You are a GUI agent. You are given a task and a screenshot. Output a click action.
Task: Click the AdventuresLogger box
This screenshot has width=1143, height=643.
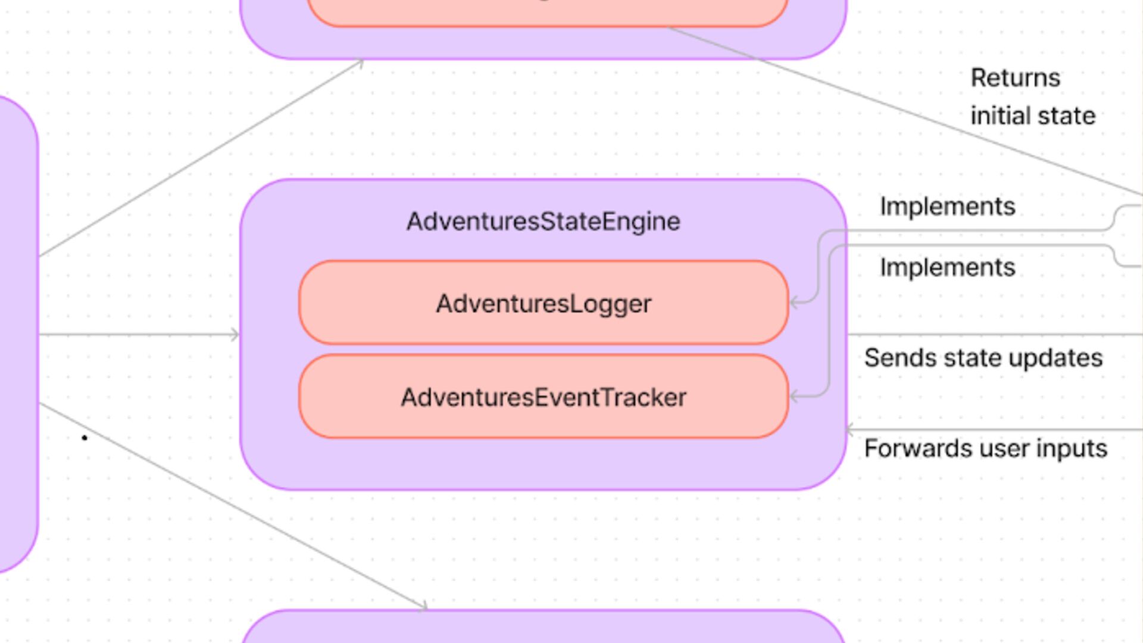click(x=543, y=303)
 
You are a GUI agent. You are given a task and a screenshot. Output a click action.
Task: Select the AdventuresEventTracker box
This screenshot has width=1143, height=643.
click(x=543, y=397)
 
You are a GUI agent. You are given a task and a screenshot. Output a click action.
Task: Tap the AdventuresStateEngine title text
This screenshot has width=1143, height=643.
click(x=543, y=221)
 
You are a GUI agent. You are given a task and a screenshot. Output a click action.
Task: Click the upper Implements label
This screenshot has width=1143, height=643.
click(x=947, y=207)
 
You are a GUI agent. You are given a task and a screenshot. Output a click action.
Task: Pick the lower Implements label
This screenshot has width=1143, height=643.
click(x=947, y=267)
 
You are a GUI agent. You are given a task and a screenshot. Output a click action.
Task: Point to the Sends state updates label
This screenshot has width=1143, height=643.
click(x=983, y=358)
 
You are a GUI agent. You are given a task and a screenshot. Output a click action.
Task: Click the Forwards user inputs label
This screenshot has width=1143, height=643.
click(x=985, y=448)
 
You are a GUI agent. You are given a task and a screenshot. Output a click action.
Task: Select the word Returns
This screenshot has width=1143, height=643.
click(x=1015, y=78)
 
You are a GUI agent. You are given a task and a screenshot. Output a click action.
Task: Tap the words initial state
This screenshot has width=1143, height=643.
click(x=1033, y=116)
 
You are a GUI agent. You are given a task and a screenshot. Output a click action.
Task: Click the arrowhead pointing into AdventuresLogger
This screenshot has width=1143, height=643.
click(x=794, y=303)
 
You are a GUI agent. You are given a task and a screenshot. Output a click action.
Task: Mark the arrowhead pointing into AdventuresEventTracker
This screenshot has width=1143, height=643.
click(x=794, y=397)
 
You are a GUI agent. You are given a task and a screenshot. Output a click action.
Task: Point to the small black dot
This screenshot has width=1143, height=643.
click(x=85, y=438)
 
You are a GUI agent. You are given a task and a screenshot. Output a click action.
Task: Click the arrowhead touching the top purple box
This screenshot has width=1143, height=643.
click(x=360, y=62)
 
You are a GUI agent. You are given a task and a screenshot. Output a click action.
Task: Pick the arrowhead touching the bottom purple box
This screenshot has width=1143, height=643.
click(x=423, y=607)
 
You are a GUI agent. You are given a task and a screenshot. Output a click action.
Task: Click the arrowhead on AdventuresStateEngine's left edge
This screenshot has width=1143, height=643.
click(x=235, y=335)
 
